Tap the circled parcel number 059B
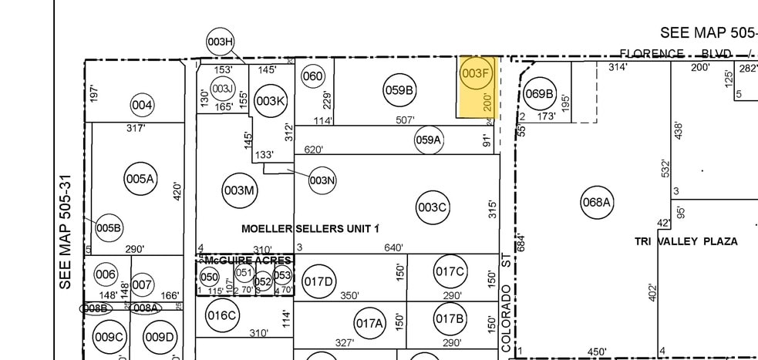[399, 90]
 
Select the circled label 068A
[596, 203]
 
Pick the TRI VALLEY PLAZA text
[686, 241]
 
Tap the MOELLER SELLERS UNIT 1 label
[310, 228]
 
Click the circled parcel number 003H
[220, 42]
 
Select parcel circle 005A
[140, 179]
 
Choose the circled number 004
[142, 105]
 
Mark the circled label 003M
[238, 190]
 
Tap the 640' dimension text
[393, 247]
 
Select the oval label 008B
[96, 308]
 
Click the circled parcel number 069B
[539, 94]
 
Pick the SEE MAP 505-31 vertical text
[66, 231]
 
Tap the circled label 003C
[432, 207]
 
